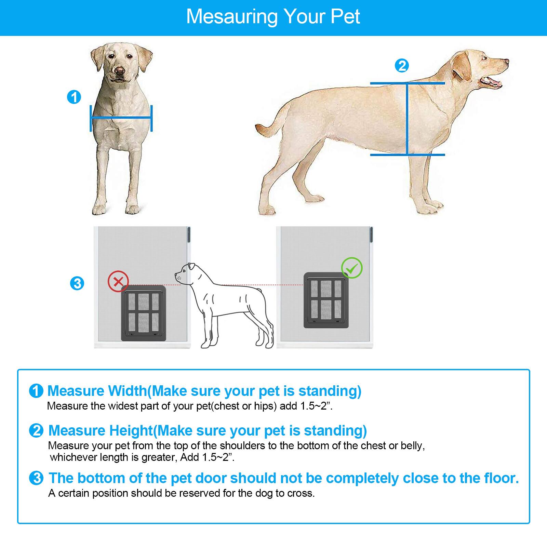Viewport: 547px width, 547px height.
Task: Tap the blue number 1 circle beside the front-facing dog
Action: [74, 97]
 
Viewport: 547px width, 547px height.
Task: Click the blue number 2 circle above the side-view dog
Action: [402, 65]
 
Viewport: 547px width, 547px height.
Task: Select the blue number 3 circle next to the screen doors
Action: [77, 283]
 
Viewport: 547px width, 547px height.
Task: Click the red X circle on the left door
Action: [118, 282]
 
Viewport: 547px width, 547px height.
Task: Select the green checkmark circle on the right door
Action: [352, 268]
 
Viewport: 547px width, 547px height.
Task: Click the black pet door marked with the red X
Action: [144, 314]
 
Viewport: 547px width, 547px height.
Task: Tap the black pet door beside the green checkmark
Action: [326, 300]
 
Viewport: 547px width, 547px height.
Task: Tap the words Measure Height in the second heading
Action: [101, 430]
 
